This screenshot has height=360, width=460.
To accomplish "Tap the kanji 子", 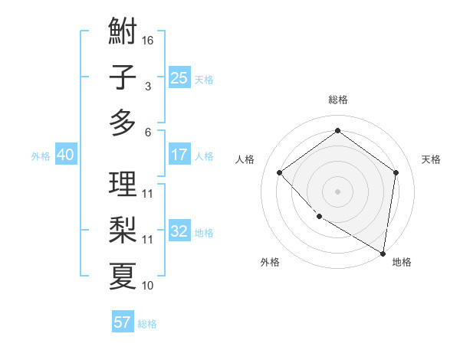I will click(x=123, y=77).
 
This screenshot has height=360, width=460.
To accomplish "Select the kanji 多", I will click(x=123, y=123).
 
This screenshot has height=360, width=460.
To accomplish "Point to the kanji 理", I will click(x=123, y=185).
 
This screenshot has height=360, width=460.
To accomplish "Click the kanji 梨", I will click(x=123, y=229).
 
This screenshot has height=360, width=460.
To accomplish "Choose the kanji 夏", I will click(x=123, y=275).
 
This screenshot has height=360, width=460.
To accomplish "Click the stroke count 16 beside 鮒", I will click(x=149, y=40).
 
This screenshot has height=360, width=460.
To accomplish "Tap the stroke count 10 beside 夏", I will click(x=148, y=286).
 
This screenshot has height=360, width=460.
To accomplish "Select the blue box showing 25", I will click(x=179, y=77).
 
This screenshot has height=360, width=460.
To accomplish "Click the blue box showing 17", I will click(x=179, y=155).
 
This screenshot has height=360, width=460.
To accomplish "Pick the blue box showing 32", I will click(x=179, y=231).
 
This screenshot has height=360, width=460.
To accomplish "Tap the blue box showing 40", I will click(x=65, y=155).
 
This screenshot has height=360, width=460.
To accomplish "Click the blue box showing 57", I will click(x=123, y=322).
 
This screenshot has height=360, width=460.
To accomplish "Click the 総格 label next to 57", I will click(x=147, y=324).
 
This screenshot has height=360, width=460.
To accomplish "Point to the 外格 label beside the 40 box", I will click(x=41, y=156).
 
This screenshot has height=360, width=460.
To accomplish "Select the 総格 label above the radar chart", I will click(x=337, y=100).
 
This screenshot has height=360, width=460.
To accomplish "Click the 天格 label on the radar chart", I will click(x=431, y=159).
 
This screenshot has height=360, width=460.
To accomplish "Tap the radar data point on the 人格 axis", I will click(x=280, y=173).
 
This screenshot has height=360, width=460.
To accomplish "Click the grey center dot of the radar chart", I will click(x=337, y=191).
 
